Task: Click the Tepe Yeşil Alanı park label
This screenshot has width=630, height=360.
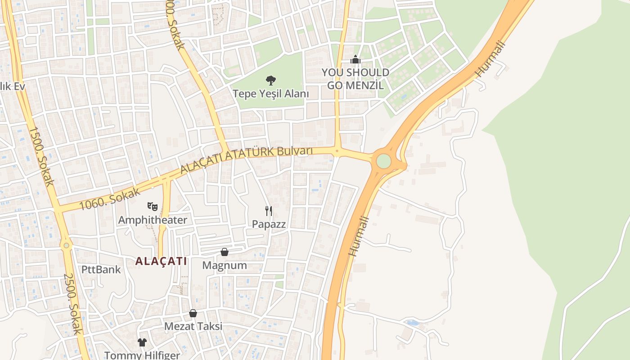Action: [x=270, y=94]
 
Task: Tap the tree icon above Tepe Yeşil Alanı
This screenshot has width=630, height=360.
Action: [x=270, y=81]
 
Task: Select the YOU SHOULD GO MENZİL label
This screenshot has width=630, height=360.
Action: [x=355, y=79]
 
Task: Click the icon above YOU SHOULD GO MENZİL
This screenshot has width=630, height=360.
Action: [x=355, y=59]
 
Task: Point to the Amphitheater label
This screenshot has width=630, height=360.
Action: [x=152, y=220]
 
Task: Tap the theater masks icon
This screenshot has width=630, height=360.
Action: [x=153, y=207]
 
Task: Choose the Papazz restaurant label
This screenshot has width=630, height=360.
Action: [x=269, y=224]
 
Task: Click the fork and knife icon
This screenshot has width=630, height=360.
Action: [x=269, y=211]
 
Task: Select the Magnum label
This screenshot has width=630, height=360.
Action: [x=224, y=265]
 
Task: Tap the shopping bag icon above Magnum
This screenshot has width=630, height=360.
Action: [x=224, y=252]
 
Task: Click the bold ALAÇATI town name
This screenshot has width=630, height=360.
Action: [x=161, y=261]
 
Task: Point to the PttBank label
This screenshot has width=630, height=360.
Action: [x=101, y=270]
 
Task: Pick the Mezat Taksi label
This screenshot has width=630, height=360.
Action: [x=193, y=326]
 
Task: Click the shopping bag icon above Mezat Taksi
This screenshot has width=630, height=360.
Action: [x=193, y=313]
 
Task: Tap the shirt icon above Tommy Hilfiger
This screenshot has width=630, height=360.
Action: [x=142, y=342]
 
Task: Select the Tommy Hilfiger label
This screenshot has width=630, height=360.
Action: [x=142, y=355]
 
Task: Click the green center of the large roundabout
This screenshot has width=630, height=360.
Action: [x=383, y=161]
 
